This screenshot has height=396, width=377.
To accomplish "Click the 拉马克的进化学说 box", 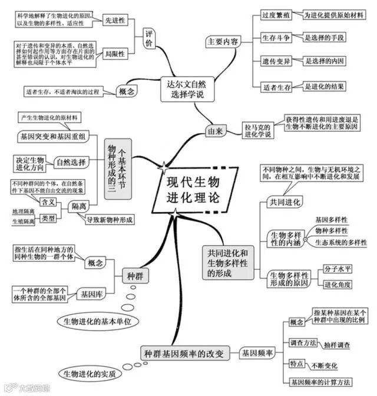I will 257,130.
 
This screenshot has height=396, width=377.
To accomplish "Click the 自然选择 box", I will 71,161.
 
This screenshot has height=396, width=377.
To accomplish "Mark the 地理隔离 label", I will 24,211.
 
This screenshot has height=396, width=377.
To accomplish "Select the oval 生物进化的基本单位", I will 97,321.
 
